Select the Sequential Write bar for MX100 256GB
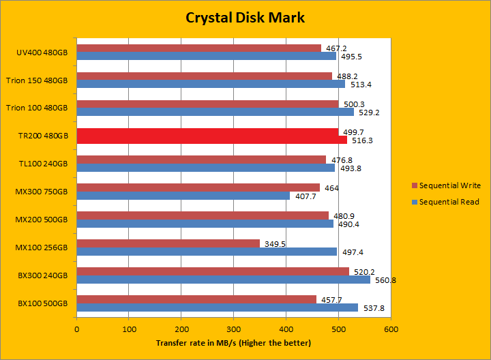tap(168, 243)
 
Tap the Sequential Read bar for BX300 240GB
tap(223, 280)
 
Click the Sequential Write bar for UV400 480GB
tap(198, 48)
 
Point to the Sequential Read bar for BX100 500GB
tap(218, 307)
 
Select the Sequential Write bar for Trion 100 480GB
tap(207, 104)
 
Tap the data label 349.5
tap(274, 243)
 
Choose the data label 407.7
tap(303, 196)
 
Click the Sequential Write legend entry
tap(447, 185)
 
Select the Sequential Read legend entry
tap(446, 202)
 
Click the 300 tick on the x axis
tap(234, 329)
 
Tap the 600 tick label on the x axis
tap(391, 329)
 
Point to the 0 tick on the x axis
tap(77, 329)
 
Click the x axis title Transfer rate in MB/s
tap(233, 342)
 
